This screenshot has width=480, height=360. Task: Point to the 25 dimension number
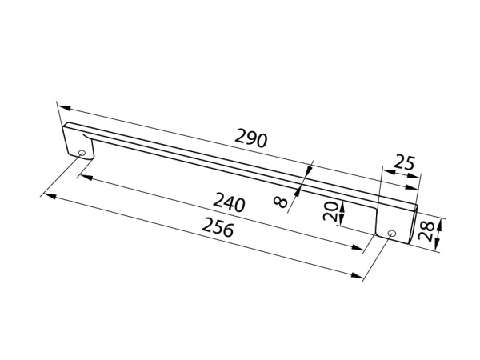(407, 165)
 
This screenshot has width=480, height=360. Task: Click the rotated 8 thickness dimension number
(280, 201)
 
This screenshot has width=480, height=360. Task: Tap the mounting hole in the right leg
(390, 233)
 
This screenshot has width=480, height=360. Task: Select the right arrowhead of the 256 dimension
(359, 276)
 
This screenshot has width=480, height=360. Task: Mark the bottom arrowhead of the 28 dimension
(438, 247)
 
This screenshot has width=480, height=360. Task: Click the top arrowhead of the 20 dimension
(342, 203)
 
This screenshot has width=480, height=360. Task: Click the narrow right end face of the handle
(413, 226)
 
